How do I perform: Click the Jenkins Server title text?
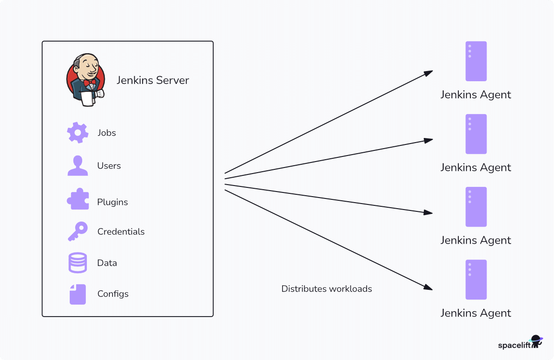[x=152, y=80]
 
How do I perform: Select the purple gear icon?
[x=78, y=132]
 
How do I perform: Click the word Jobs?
[x=107, y=133]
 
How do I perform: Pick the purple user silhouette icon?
[x=78, y=166]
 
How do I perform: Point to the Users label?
[x=109, y=166]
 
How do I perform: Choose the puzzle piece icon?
[x=78, y=199]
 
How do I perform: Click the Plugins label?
[x=112, y=202]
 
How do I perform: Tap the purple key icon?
[x=78, y=231]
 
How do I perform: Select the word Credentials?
[x=121, y=232]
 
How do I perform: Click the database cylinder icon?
[x=78, y=263]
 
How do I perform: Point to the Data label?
[x=107, y=263]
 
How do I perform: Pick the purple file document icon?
[x=78, y=294]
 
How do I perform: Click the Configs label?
[x=113, y=294]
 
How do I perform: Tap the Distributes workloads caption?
[x=326, y=289]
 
